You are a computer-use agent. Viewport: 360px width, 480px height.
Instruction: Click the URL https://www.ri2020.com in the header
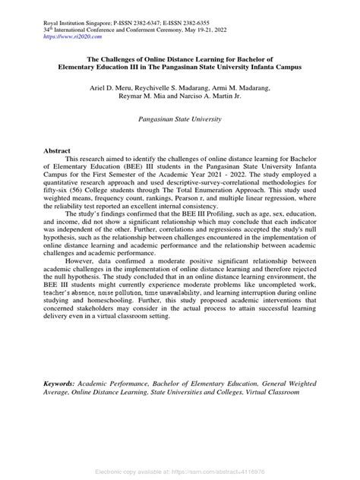tap(74, 36)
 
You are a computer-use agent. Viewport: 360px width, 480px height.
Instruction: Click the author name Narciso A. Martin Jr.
tap(217, 96)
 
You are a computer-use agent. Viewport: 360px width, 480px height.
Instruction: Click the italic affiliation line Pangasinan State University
tap(180, 120)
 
